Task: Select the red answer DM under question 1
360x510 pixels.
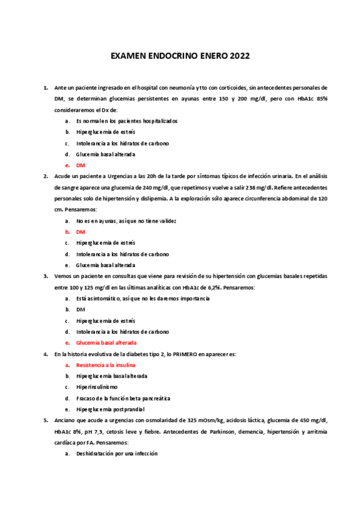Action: [x=81, y=165]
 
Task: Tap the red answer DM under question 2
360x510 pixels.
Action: [x=81, y=232]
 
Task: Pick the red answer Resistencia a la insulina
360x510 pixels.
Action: [x=106, y=365]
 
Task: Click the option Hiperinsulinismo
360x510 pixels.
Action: [x=97, y=387]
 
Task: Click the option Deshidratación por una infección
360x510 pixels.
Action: [x=117, y=453]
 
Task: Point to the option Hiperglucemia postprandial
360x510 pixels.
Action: [x=107, y=409]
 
